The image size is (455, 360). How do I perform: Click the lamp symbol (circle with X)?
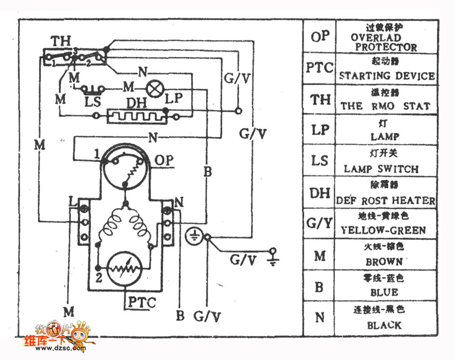(155, 88)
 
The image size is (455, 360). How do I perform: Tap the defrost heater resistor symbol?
(136, 116)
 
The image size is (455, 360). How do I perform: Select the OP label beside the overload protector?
(164, 160)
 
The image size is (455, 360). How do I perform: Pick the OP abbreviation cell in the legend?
(320, 36)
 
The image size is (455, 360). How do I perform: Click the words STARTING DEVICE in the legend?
(387, 75)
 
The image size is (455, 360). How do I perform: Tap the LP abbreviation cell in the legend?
(320, 130)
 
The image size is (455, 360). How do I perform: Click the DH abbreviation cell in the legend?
(320, 193)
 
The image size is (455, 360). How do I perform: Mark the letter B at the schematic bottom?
(179, 315)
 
